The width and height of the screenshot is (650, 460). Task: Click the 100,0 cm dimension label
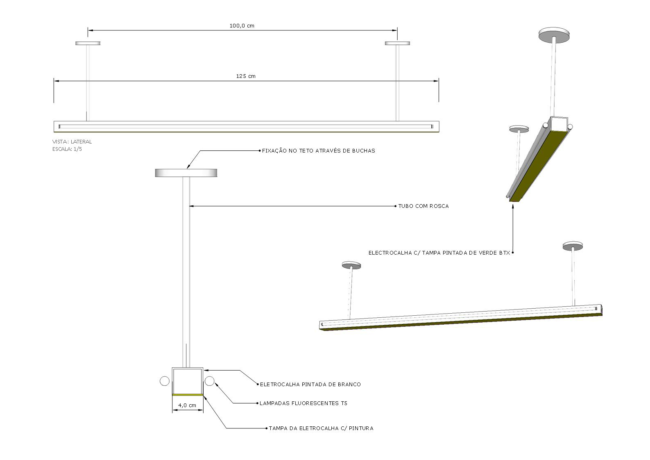(242, 26)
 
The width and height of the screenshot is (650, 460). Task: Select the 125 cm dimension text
(246, 76)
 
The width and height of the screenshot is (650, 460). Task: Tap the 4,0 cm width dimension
(187, 405)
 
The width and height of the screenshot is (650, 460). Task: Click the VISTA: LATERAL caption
(72, 142)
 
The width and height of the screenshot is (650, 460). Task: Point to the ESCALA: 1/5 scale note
(67, 149)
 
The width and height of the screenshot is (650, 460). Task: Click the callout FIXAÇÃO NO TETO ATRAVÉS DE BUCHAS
(318, 151)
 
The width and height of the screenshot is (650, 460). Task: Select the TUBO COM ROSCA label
(424, 206)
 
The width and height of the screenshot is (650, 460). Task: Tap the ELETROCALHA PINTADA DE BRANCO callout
(310, 385)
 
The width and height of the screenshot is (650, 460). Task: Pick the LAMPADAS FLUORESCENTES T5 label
(303, 403)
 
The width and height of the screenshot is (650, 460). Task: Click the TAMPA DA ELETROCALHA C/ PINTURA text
(321, 428)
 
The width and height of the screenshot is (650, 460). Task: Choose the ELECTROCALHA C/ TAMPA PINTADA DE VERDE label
(439, 253)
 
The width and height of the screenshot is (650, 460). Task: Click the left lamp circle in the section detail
(165, 381)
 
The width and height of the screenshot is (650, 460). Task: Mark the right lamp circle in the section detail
(210, 381)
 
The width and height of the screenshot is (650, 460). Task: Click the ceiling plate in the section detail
(186, 173)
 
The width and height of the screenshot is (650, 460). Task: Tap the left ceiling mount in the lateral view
(88, 43)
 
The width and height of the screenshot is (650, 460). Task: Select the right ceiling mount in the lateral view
(398, 43)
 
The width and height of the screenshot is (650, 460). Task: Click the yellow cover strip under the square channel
(188, 395)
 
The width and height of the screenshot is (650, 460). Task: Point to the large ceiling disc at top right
(554, 35)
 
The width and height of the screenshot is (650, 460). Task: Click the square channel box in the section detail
(188, 381)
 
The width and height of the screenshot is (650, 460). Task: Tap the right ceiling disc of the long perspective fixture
(573, 246)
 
